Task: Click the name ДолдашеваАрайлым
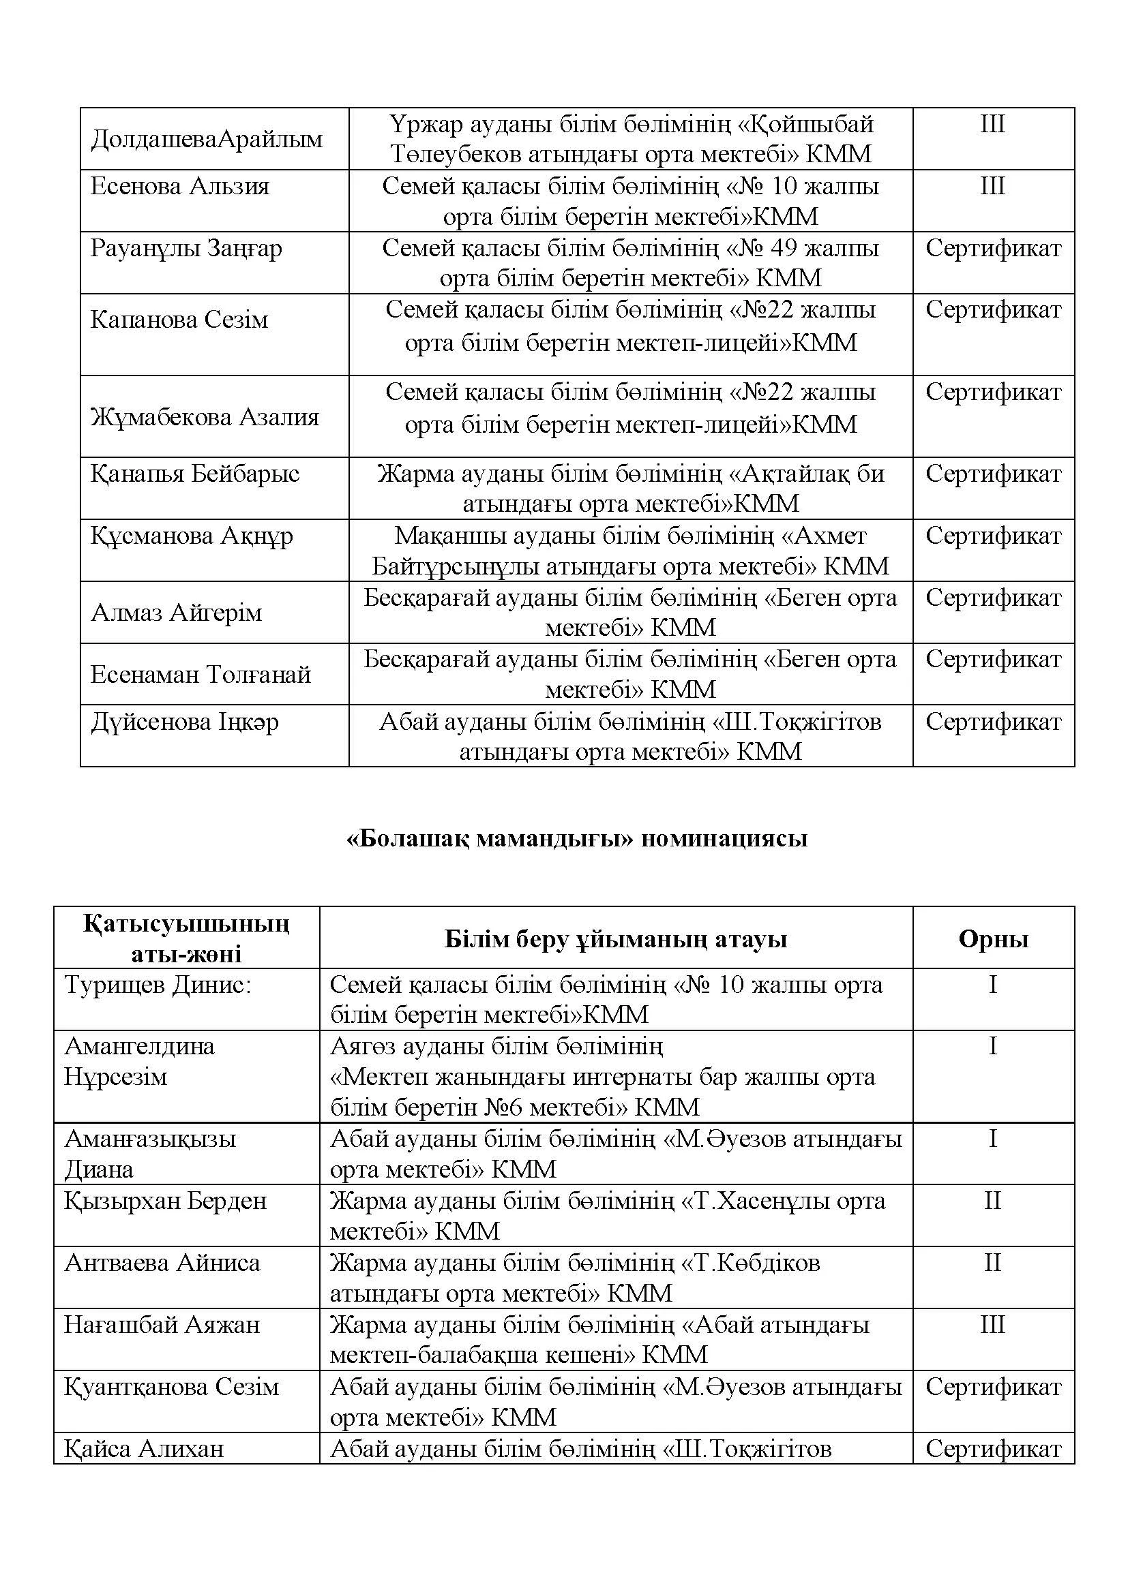206,139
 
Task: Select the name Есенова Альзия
180,186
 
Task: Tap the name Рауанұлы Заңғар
186,248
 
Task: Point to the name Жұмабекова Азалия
205,416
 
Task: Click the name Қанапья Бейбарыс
194,474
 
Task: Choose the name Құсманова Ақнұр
192,535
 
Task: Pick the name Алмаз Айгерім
177,613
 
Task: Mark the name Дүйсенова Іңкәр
185,722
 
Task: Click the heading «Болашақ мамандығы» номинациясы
577,839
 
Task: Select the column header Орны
993,939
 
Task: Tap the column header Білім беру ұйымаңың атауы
615,939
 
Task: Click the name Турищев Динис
158,985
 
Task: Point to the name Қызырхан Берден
165,1201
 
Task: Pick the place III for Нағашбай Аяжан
992,1325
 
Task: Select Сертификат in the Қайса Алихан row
993,1448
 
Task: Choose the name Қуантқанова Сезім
172,1386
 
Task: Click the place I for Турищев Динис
992,985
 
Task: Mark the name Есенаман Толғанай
201,674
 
